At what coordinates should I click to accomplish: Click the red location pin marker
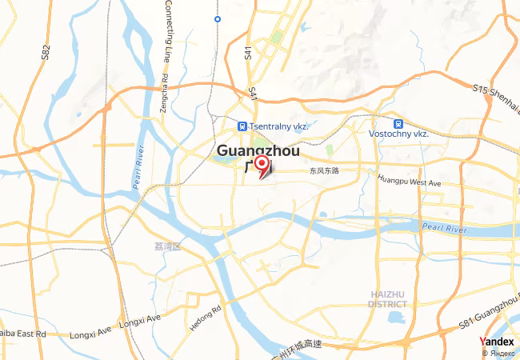(x=261, y=164)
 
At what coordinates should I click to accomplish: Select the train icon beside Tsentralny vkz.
(x=242, y=126)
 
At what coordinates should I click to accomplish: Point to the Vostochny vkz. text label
(x=398, y=134)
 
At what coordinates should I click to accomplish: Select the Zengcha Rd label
(x=164, y=94)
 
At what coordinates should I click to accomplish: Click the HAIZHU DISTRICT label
(x=388, y=299)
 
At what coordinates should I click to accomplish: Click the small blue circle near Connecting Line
(x=218, y=18)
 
